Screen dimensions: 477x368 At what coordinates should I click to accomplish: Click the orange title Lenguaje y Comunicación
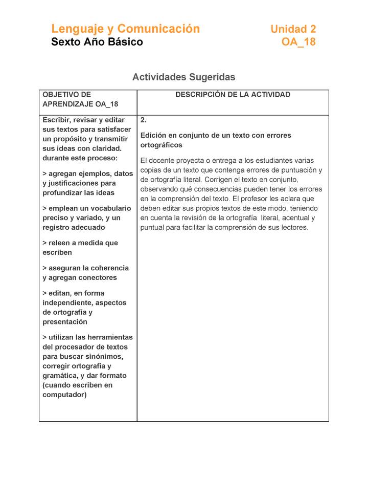[x=125, y=29]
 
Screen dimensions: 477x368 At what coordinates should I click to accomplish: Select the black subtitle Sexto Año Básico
[x=97, y=42]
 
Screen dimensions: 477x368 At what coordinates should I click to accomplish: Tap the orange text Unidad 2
[x=293, y=29]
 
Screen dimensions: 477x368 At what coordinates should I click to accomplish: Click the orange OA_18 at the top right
[x=298, y=42]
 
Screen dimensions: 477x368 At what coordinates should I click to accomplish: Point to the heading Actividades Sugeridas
[x=183, y=77]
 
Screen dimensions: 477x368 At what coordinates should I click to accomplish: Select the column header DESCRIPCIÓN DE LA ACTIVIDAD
[x=233, y=95]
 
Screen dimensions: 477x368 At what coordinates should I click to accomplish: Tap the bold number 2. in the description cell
[x=144, y=120]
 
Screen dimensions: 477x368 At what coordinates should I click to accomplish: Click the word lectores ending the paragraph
[x=293, y=227]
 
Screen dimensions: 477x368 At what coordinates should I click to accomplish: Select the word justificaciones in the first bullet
[x=72, y=183]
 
